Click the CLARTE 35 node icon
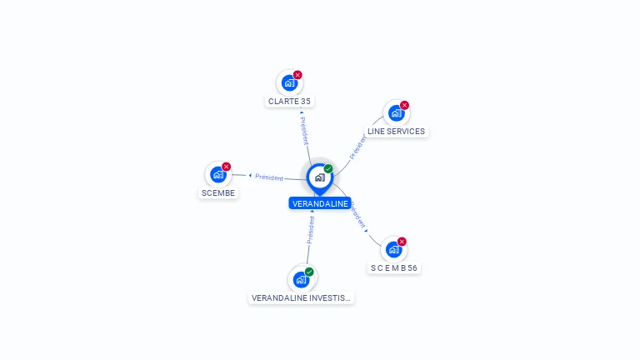(288, 83)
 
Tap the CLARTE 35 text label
(290, 102)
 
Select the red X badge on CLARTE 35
(297, 75)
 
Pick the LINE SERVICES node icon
(396, 113)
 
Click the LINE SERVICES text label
(396, 132)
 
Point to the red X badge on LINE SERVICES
(405, 106)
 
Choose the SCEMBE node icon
(217, 174)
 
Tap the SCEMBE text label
(219, 193)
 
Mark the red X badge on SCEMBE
(227, 167)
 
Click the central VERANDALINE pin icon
(319, 177)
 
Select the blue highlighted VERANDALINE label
(320, 203)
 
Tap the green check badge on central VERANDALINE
(328, 169)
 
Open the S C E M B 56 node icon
(393, 249)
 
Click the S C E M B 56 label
(394, 268)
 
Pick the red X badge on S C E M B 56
(402, 242)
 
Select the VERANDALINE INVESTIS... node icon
(301, 279)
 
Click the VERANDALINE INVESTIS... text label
(302, 297)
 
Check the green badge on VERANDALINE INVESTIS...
(309, 272)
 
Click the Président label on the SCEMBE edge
(269, 177)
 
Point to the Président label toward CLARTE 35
(304, 131)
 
